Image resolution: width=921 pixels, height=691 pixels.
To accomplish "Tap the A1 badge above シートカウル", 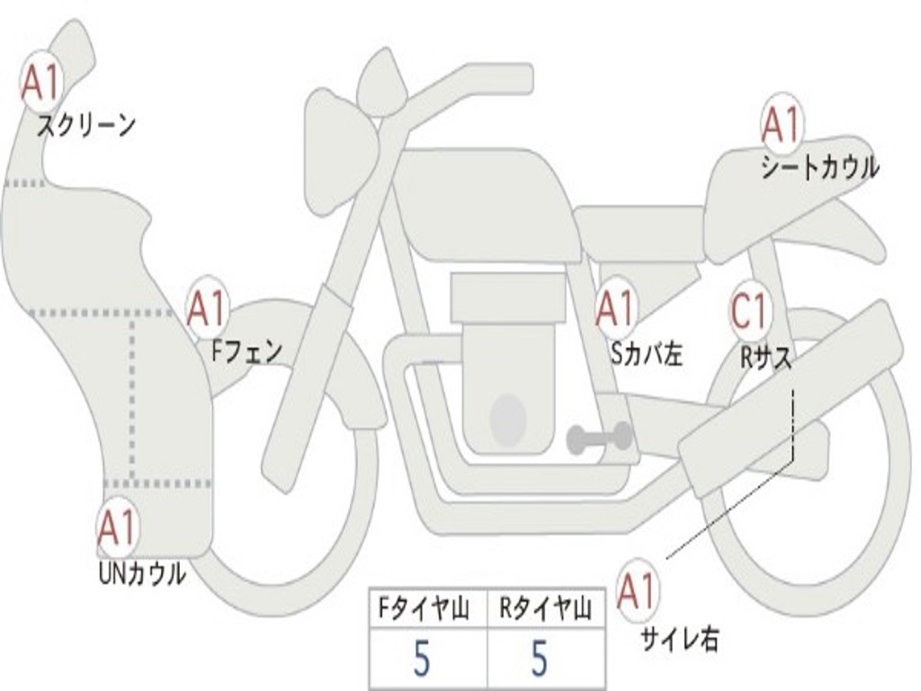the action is point(781,124).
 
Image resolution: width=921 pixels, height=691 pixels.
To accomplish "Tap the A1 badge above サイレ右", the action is point(638,591).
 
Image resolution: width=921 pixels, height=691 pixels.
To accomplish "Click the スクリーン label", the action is point(86,124).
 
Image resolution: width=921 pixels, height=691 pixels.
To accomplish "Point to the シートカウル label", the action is point(819,166).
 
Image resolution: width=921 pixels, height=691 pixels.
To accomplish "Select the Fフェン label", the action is point(246,350).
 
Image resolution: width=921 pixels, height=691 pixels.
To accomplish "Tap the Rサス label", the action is point(765,357).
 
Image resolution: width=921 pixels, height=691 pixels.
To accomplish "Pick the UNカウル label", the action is point(141,572).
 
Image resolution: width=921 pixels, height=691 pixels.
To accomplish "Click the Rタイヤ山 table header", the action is point(545,610).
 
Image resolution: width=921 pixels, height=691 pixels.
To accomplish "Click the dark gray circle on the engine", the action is point(508,417).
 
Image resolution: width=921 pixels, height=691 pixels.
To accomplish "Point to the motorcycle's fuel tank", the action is point(486,202).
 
